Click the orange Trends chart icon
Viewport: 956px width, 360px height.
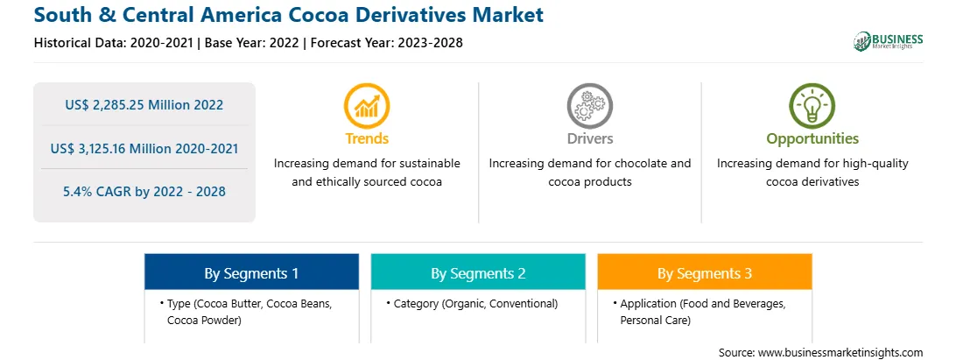[x=367, y=105]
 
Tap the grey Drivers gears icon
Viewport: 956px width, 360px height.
[x=589, y=105]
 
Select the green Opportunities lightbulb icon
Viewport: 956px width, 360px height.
[x=812, y=105]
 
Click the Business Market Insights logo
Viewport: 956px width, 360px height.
[x=889, y=41]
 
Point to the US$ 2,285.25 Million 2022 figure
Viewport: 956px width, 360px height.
[x=144, y=105]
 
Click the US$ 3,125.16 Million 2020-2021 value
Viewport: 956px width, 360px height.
[x=144, y=148]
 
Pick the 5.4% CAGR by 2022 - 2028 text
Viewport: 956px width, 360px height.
[x=144, y=192]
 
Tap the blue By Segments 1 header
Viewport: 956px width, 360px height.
[x=252, y=272]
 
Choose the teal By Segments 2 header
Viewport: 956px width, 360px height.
[x=478, y=272]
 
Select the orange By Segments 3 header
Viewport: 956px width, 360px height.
[x=705, y=272]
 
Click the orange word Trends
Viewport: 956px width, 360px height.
[x=367, y=138]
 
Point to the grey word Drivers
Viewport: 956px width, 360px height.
[x=589, y=138]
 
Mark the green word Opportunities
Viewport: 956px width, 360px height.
[x=812, y=138]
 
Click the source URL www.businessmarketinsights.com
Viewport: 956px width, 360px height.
[x=840, y=353]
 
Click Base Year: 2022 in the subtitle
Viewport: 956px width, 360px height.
[x=252, y=43]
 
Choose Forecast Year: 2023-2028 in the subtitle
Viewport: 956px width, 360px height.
[x=383, y=43]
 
